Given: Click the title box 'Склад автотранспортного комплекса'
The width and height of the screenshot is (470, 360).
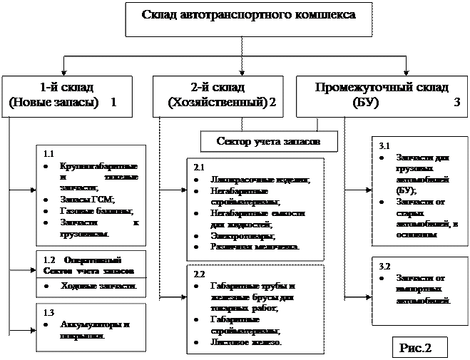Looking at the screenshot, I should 248,16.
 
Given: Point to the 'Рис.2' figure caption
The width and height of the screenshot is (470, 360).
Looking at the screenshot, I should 416,348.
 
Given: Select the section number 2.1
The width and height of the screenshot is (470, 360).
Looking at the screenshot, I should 199,167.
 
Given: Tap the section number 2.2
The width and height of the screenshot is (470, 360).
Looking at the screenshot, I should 199,273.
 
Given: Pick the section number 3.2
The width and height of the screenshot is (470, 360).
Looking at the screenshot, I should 384,266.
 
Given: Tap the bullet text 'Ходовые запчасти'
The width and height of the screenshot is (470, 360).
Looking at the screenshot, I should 98,286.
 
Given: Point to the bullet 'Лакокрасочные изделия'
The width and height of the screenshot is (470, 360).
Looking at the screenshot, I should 250,179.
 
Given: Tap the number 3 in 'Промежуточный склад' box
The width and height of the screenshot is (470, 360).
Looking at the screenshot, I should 457,103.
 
